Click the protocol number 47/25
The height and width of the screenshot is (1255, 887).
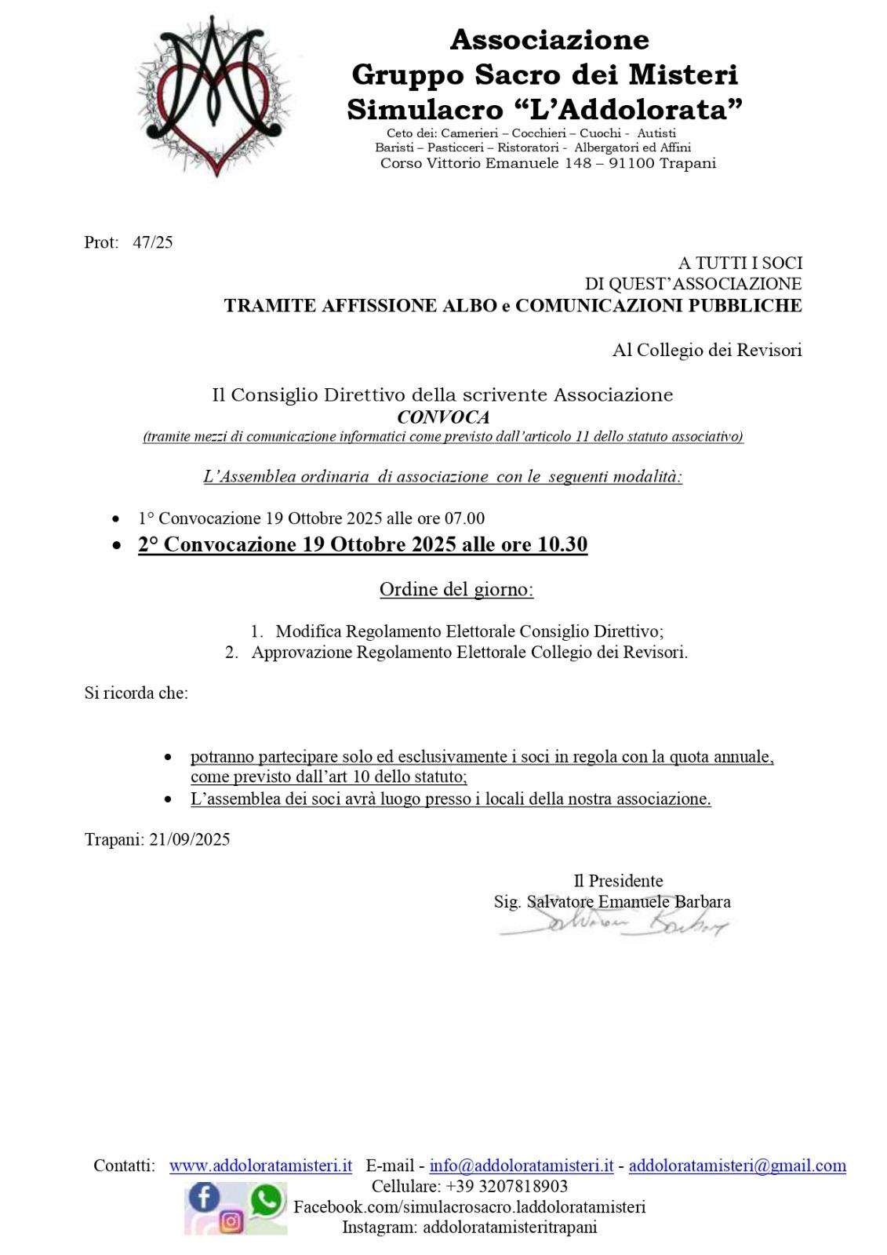[153, 242]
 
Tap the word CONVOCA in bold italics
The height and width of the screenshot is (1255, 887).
[443, 417]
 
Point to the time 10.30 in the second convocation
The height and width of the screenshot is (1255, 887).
[562, 544]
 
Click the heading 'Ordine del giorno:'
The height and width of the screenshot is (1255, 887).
[456, 589]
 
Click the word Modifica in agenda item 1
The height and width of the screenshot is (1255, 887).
[308, 631]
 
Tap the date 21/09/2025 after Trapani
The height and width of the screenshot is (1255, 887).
[190, 839]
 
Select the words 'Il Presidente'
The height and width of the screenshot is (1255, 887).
[618, 881]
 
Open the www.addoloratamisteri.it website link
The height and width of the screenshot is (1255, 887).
[260, 1166]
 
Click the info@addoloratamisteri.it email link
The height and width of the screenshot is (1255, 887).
[522, 1166]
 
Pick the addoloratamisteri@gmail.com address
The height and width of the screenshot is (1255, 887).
[737, 1166]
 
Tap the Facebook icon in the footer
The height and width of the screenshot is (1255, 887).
[205, 1197]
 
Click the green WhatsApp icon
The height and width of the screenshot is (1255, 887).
[267, 1199]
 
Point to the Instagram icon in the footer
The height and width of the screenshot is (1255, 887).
[231, 1221]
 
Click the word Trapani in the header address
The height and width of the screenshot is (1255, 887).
[688, 163]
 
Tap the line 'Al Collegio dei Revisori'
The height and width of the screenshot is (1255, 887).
[707, 351]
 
